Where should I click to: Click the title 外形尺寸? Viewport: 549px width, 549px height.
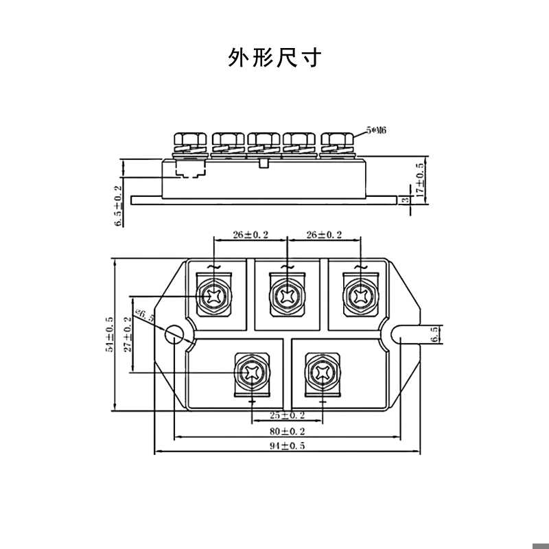(274, 58)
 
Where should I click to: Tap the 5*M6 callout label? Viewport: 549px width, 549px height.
(377, 130)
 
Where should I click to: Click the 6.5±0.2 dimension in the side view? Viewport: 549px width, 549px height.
(117, 205)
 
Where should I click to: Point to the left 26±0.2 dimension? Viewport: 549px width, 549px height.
(250, 235)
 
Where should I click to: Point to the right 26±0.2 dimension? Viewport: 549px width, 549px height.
(324, 235)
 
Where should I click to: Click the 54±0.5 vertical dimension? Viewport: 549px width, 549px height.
(109, 334)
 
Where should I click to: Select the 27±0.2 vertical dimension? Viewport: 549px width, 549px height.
(127, 334)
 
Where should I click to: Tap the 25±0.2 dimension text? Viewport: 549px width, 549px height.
(286, 415)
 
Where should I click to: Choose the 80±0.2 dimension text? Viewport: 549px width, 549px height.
(286, 432)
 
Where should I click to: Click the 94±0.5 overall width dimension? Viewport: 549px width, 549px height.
(286, 447)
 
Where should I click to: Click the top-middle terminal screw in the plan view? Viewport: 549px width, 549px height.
(286, 295)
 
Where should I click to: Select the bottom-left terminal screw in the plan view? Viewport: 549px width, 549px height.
(250, 373)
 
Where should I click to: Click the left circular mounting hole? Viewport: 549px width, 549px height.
(176, 334)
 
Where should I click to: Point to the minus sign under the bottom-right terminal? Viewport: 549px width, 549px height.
(322, 400)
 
